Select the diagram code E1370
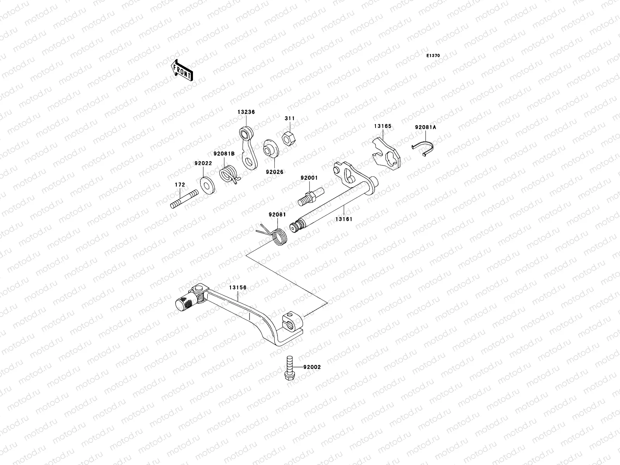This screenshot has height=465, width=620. click(x=433, y=56)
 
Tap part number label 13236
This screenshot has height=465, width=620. click(x=246, y=112)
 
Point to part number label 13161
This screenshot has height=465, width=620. click(x=344, y=219)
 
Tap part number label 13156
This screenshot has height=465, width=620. click(x=238, y=288)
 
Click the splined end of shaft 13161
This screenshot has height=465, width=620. click(x=297, y=226)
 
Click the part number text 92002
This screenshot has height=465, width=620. click(x=312, y=367)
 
